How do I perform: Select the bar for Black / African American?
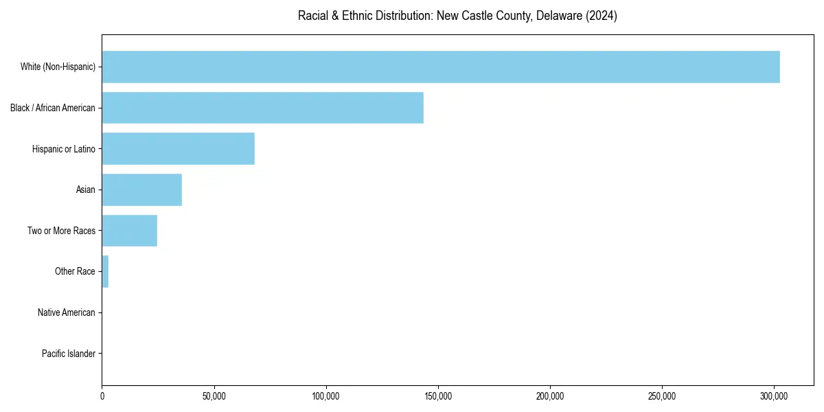262,108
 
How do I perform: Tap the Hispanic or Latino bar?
178,149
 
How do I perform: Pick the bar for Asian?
141,190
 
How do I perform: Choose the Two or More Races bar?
129,231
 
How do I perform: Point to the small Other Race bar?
105,271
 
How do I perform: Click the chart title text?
457,16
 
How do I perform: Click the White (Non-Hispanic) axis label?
58,67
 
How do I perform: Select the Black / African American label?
53,108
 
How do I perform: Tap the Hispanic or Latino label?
64,149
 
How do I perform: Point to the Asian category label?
86,190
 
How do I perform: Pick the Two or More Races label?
61,231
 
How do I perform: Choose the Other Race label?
75,271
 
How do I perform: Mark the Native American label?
67,312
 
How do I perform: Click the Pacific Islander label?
68,354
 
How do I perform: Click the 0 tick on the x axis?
102,396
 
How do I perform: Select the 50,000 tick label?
214,396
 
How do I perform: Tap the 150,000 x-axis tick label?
438,396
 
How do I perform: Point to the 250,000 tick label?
662,396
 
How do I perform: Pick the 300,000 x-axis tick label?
774,396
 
